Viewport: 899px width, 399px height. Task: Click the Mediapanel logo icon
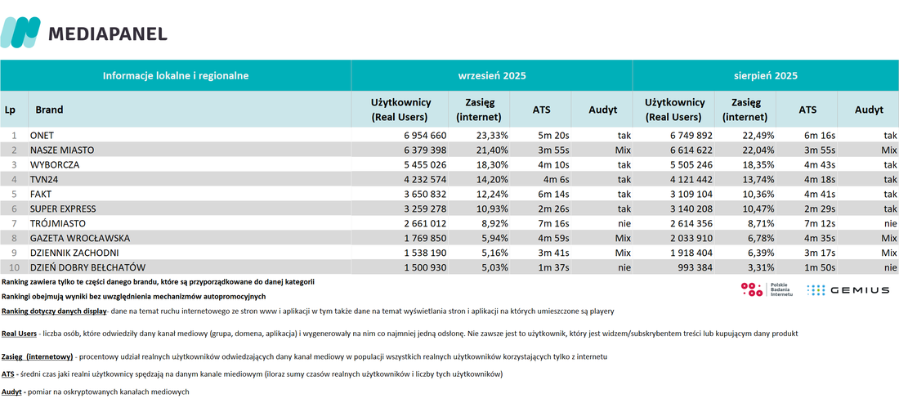[x=20, y=32]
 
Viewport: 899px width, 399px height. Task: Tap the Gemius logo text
[x=857, y=290]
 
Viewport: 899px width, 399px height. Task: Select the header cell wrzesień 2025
[x=491, y=76]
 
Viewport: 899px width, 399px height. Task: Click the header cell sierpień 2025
[x=766, y=76]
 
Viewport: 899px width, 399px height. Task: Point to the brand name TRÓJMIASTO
[x=57, y=223]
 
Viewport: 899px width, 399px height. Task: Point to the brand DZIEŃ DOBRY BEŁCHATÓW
[x=87, y=267]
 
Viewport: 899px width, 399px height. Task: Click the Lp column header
[x=10, y=110]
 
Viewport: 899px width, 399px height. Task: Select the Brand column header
[x=49, y=110]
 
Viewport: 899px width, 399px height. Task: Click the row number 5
[x=16, y=194]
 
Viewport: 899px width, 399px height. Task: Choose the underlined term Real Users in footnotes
[x=19, y=333]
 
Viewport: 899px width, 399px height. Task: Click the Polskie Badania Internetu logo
[x=767, y=289]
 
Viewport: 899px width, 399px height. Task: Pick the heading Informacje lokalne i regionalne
[x=176, y=76]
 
